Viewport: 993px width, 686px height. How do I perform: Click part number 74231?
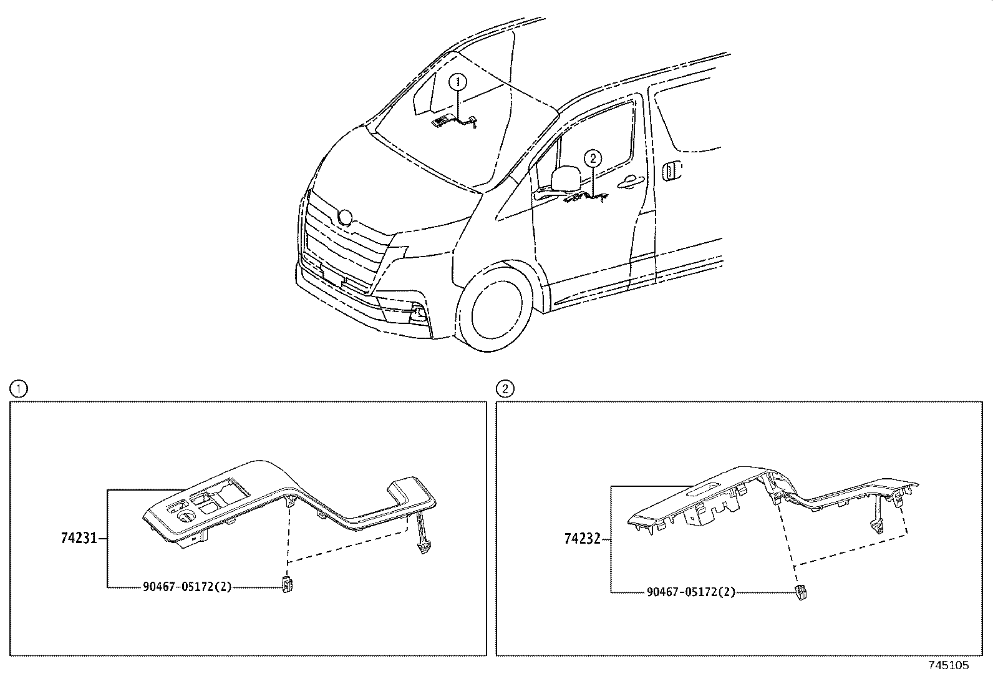point(79,537)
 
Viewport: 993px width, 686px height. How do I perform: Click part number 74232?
point(582,538)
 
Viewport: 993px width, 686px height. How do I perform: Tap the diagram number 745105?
point(949,665)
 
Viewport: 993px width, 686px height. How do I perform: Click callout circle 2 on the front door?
point(593,159)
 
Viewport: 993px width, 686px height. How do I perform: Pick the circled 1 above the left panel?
point(19,390)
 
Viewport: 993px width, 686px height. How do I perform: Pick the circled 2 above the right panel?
point(505,390)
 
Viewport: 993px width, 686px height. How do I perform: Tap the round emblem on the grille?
point(345,218)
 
